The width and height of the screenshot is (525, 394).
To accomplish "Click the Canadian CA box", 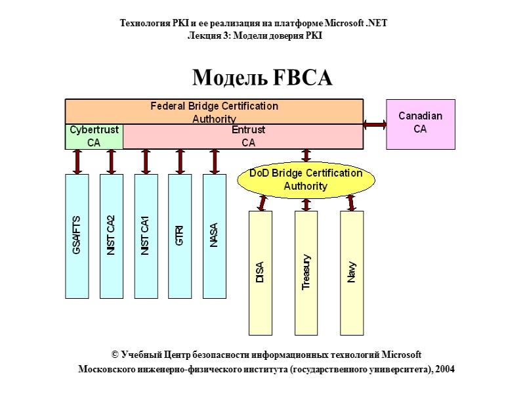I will (420, 123).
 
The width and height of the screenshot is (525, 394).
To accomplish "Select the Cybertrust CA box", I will (94, 136).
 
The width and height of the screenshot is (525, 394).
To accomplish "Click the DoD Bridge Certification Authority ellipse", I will (306, 179).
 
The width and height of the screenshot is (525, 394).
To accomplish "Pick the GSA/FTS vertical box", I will (77, 236).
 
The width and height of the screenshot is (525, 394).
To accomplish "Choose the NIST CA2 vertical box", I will (112, 236).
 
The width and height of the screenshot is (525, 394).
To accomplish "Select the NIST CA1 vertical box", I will (146, 236).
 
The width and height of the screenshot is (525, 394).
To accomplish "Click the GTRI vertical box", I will (180, 236).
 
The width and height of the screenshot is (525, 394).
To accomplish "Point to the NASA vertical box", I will (214, 236).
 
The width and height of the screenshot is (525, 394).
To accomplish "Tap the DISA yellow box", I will (260, 273).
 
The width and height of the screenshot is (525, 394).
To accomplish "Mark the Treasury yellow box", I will (306, 273).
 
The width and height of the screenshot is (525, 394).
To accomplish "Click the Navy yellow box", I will (352, 273).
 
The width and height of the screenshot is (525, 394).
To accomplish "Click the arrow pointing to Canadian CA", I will (375, 124).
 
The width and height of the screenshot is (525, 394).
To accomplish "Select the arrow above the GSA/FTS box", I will (77, 162).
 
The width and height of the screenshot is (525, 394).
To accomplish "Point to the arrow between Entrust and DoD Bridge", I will (306, 156).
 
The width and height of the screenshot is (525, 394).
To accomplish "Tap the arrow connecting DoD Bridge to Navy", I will (350, 203).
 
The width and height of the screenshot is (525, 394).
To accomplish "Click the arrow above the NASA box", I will (214, 162).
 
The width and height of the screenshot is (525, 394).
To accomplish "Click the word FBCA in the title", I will (301, 78).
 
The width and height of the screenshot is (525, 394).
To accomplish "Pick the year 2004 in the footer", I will (444, 369).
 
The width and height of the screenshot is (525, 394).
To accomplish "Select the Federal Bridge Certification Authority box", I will (214, 111).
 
